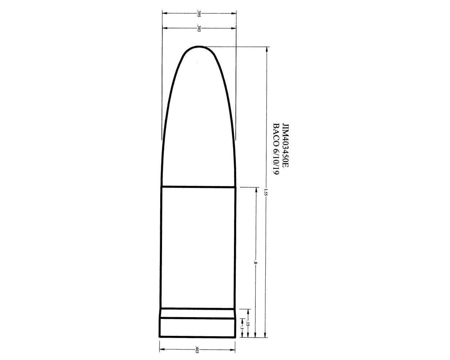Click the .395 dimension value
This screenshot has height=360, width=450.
(199, 13)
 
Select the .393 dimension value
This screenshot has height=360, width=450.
(199, 28)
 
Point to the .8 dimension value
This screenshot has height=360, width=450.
(256, 262)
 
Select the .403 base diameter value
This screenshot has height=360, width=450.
(197, 349)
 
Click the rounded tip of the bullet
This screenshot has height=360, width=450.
(199, 47)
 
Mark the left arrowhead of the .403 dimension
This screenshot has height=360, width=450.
(161, 349)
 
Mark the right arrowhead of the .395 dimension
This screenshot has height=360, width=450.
(235, 13)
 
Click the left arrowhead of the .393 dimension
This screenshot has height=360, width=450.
(164, 28)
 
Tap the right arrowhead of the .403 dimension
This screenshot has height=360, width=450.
(234, 349)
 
